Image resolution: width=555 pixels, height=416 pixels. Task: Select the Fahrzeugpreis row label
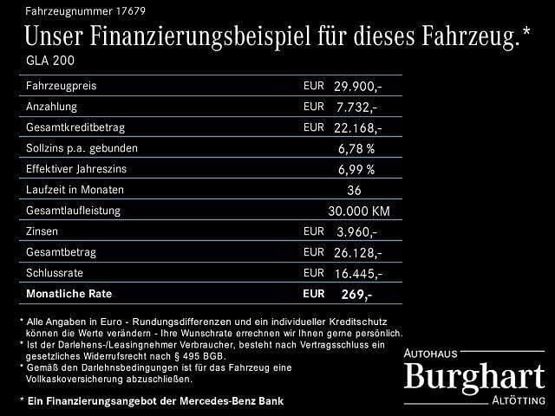click(x=61, y=87)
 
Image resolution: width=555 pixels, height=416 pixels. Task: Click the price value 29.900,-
click(x=356, y=87)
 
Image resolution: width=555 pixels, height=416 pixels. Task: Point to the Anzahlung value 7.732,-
click(x=356, y=107)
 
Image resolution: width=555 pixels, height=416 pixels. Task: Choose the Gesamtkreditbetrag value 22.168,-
click(x=356, y=128)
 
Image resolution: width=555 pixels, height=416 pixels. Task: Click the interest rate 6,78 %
click(x=356, y=149)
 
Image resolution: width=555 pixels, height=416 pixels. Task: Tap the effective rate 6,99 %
click(x=356, y=170)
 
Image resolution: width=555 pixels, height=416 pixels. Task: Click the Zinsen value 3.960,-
click(x=356, y=232)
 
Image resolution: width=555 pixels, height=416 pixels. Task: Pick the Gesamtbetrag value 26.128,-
click(x=356, y=253)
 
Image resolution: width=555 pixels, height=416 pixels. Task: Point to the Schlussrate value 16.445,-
click(x=356, y=274)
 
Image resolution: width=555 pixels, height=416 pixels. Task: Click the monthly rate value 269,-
click(x=356, y=295)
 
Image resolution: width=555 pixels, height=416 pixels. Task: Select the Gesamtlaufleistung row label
click(x=74, y=211)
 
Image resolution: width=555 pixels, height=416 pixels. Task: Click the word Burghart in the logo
click(x=474, y=377)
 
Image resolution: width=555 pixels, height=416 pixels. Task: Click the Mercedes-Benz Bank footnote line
click(x=152, y=400)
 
